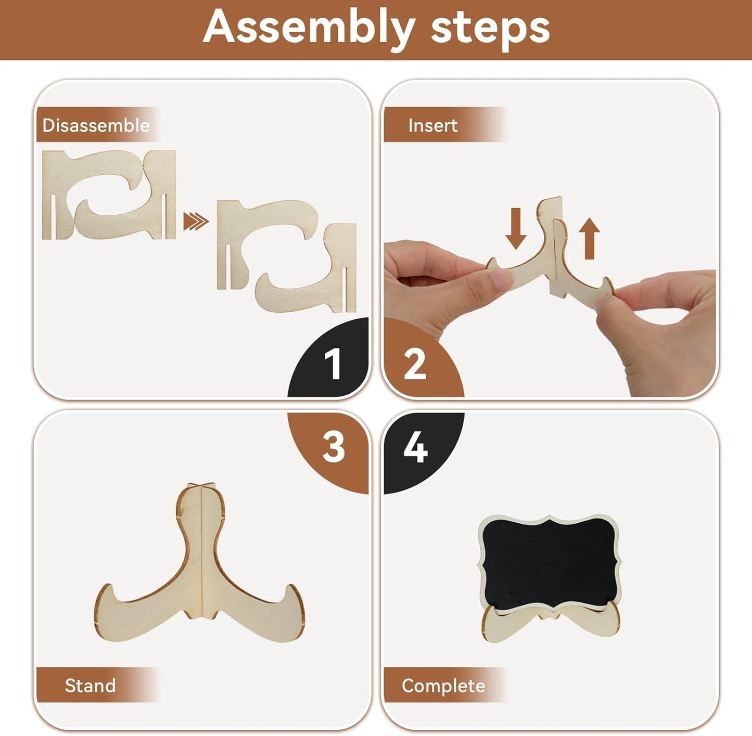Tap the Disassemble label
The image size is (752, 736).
(96, 125)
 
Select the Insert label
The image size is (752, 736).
(433, 125)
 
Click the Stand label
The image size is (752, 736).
(90, 686)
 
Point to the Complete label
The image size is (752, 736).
(443, 686)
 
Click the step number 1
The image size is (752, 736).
(333, 364)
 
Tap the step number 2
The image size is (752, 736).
(415, 364)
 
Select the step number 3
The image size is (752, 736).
(334, 447)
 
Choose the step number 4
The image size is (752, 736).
(416, 447)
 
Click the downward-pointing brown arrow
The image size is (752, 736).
(516, 228)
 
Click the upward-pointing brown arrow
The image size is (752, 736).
(589, 238)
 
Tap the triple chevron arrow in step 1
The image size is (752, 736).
(196, 222)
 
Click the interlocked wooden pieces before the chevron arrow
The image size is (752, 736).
(109, 195)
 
